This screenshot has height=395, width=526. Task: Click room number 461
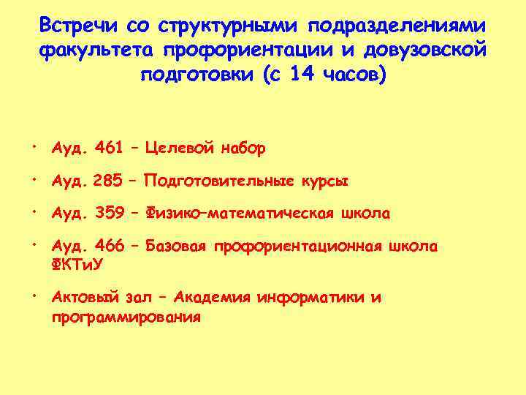pos(109,148)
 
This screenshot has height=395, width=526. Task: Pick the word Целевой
pos(179,148)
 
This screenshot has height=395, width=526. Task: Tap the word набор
pos(242,148)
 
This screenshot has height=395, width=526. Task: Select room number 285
pos(108,181)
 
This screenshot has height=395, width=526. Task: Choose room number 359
pos(109,214)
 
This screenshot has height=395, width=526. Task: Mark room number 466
pos(109,247)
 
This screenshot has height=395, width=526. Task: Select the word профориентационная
pos(295,247)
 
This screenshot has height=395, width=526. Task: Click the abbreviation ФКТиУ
pos(77,264)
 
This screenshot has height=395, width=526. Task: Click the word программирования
pos(126,317)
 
